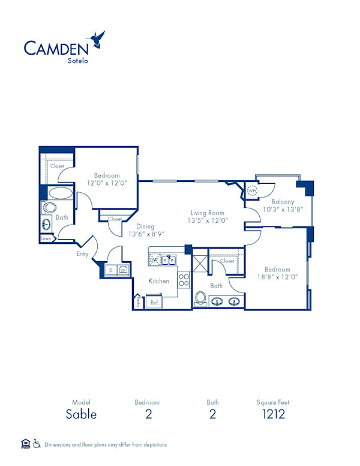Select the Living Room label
(207, 213)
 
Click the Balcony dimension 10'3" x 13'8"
(283, 210)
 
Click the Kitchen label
(159, 280)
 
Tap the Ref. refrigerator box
(155, 302)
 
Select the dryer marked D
(110, 270)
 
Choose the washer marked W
(122, 270)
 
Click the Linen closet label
(46, 238)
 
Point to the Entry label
(82, 254)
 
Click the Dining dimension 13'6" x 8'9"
(146, 234)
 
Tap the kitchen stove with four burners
(184, 280)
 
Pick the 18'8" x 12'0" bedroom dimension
(277, 278)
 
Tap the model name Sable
(81, 414)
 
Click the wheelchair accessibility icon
(36, 444)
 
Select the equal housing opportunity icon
(25, 444)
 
